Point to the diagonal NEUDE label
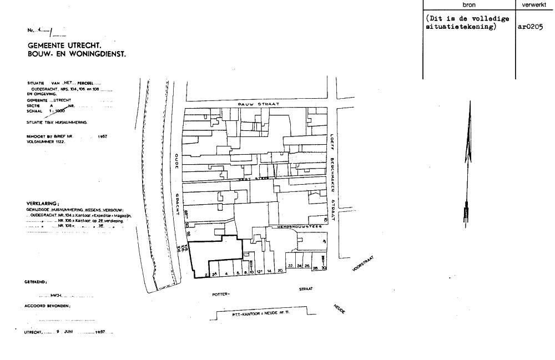(340, 309)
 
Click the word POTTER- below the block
(221, 295)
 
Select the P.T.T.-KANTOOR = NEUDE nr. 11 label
(261, 315)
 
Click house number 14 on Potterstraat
(269, 272)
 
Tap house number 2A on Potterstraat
(214, 274)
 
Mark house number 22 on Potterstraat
(290, 266)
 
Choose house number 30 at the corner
(323, 268)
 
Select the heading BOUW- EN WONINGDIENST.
(77, 54)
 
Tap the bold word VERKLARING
(42, 204)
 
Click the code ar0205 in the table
(529, 26)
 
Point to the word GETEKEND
(36, 282)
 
